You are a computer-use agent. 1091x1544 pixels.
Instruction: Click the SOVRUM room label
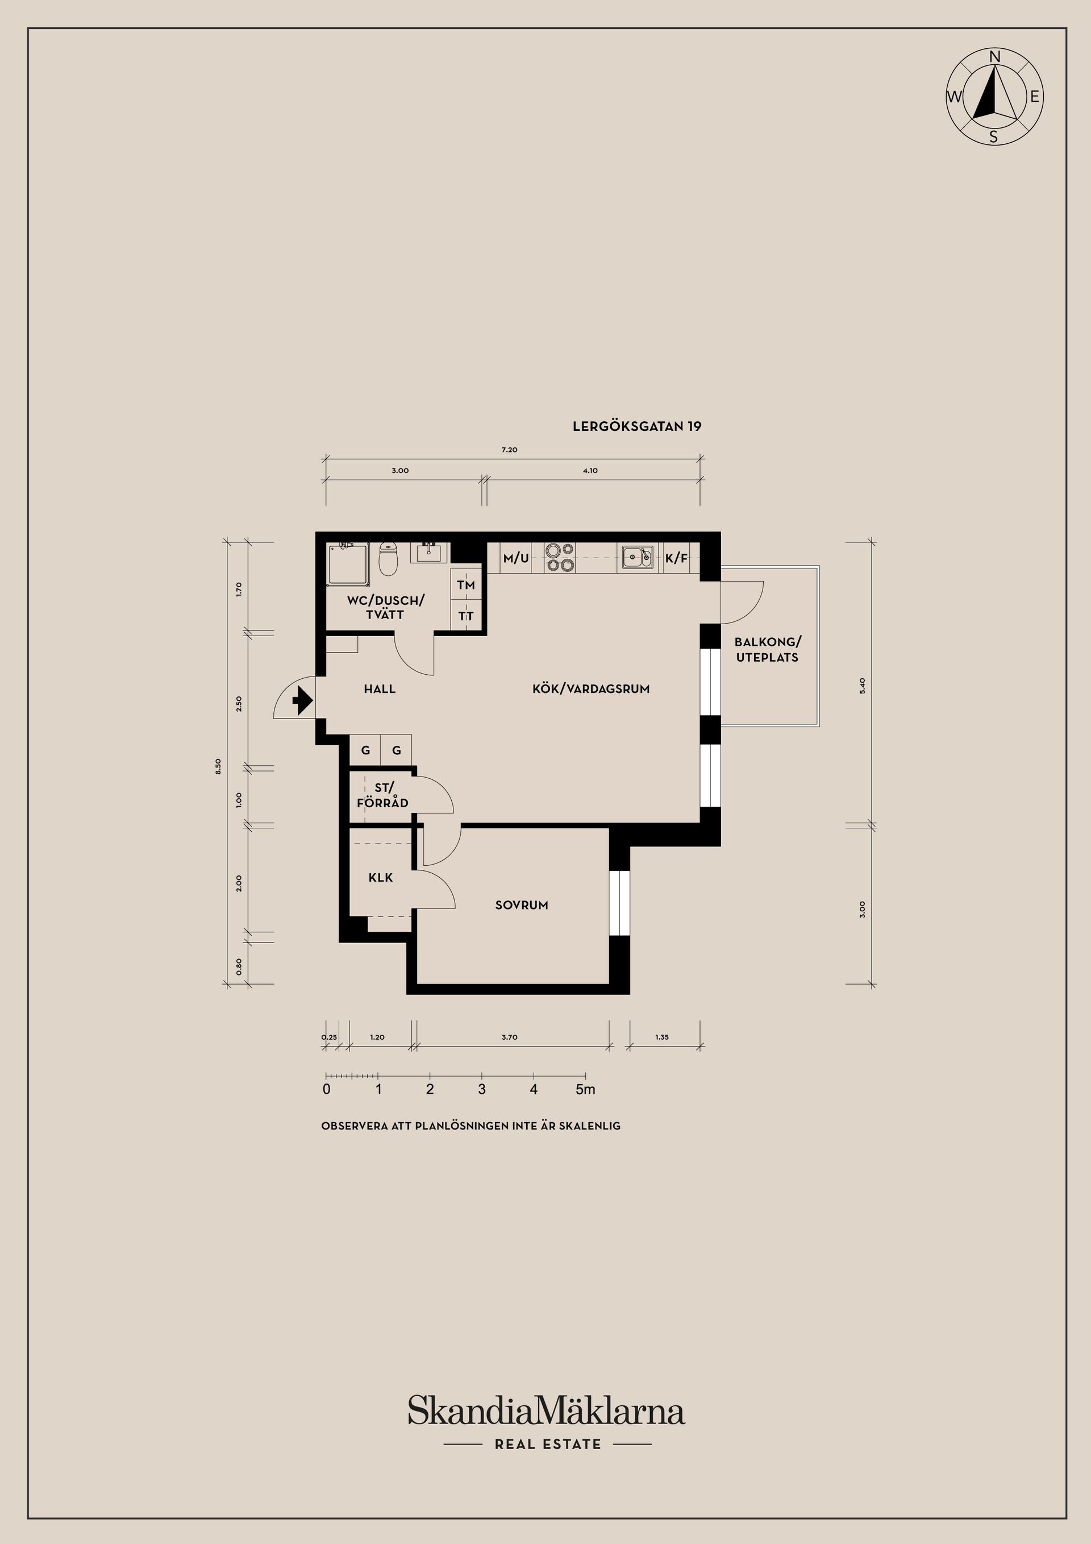click(x=522, y=905)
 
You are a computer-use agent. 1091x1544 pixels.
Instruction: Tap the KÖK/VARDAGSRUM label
click(x=591, y=688)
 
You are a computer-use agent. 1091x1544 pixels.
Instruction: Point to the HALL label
click(x=380, y=688)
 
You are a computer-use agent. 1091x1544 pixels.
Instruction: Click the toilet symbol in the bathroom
click(x=389, y=559)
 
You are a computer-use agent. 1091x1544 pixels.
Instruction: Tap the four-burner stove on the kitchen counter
click(x=559, y=558)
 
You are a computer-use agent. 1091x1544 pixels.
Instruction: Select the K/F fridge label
click(x=676, y=558)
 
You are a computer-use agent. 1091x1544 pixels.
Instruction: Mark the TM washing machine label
click(x=466, y=585)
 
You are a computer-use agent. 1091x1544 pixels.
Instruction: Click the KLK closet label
click(x=381, y=878)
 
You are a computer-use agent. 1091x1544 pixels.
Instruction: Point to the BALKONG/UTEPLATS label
click(x=768, y=650)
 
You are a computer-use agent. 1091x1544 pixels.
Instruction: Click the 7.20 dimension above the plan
click(x=510, y=449)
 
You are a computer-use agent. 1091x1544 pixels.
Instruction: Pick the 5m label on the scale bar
click(x=585, y=1089)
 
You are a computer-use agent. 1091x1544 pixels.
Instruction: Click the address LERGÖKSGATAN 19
click(x=636, y=426)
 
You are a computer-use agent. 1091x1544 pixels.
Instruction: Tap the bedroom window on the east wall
click(x=619, y=903)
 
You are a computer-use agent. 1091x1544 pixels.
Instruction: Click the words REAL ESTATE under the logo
click(x=548, y=1444)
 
